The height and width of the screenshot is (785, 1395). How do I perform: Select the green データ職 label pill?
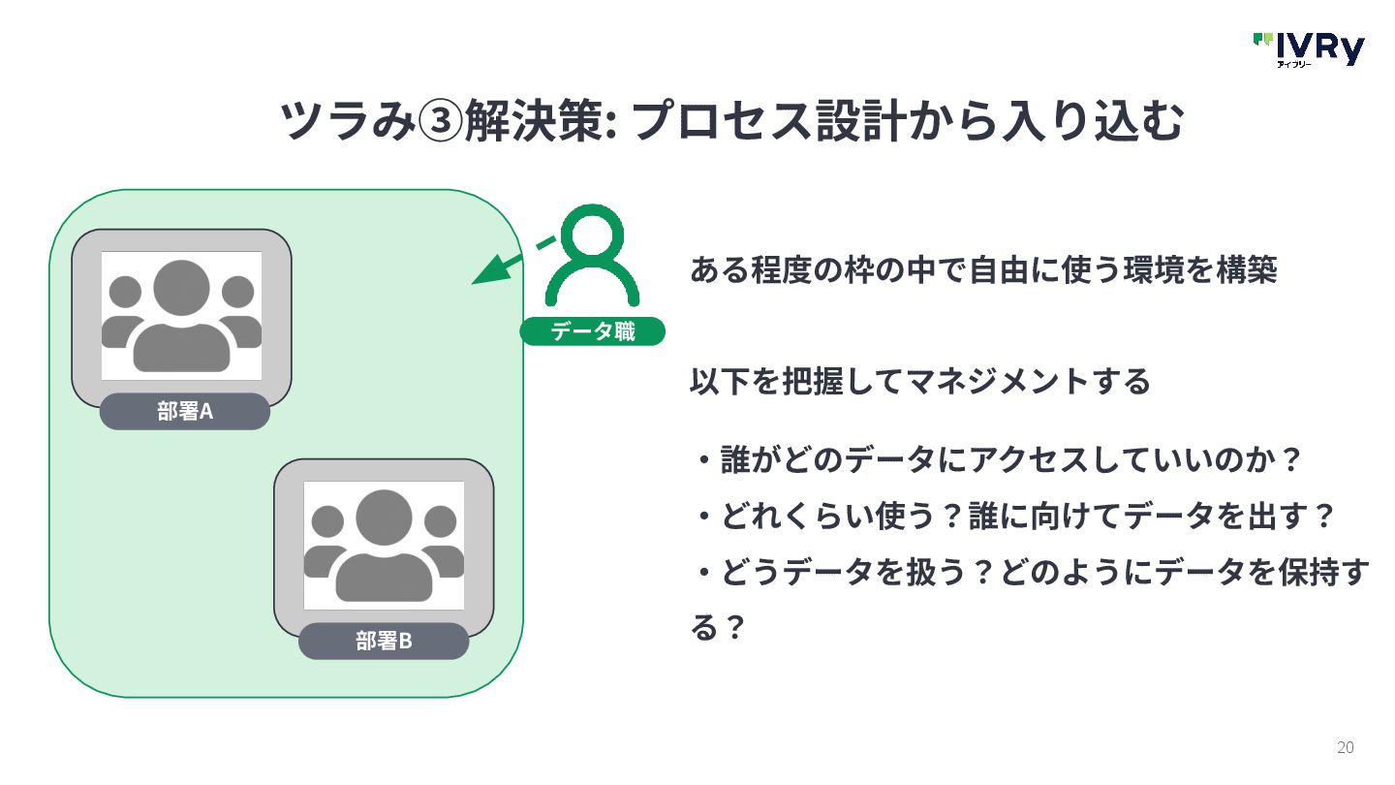point(593,331)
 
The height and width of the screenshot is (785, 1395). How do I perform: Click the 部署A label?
point(184,411)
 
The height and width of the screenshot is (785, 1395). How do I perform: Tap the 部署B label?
point(384,641)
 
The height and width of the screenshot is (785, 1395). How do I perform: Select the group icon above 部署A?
point(181,316)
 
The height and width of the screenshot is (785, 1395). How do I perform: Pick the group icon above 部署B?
point(384,546)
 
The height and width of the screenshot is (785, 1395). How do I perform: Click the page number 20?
point(1345,747)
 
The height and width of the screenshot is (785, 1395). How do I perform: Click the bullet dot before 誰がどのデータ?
point(703,459)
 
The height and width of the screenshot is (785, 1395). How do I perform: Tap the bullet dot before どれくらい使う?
point(703,517)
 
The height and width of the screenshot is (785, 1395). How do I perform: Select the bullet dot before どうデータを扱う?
point(703,574)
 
